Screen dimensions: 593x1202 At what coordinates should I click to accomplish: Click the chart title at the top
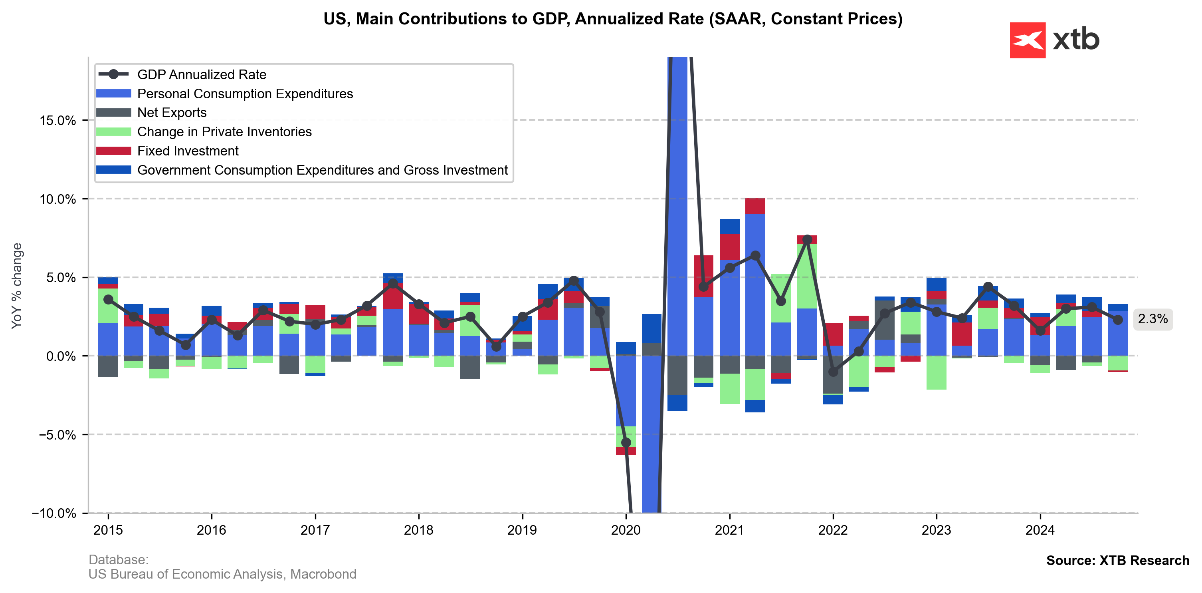point(613,19)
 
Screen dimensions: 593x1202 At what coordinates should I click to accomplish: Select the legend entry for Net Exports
point(171,113)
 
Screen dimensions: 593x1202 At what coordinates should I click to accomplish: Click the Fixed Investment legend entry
point(188,151)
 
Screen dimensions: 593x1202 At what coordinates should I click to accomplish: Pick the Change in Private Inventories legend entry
point(224,132)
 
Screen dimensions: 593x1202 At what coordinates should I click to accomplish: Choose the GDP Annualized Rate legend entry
point(201,75)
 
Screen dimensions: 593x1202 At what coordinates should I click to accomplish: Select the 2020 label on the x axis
point(626,530)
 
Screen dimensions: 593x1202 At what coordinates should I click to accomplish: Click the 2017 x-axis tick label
point(315,530)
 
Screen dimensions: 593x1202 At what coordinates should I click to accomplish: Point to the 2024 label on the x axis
point(1040,530)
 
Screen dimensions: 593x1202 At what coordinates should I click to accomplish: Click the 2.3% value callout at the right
point(1152,319)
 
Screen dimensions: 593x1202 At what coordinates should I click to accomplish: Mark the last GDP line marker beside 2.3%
point(1117,320)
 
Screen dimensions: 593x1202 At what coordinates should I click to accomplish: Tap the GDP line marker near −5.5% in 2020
point(626,442)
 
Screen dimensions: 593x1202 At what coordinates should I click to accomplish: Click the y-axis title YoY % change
point(17,286)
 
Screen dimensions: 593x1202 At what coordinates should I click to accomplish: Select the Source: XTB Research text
point(1117,560)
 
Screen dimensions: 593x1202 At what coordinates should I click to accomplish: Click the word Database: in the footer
point(119,559)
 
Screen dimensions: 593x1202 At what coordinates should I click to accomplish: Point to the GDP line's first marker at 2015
point(108,300)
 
